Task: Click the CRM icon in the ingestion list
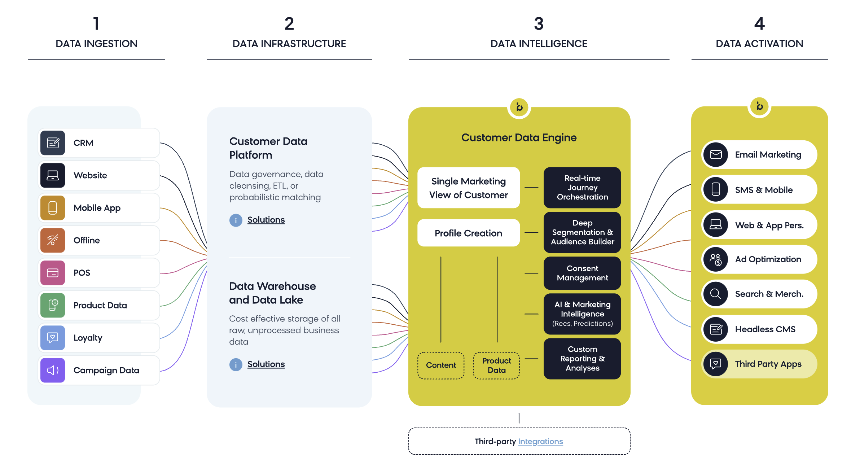53,143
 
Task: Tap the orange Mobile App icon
53,208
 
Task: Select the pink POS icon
53,273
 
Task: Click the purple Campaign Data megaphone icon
53,370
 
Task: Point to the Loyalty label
88,338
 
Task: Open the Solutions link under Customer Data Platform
266,220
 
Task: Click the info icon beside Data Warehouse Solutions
236,364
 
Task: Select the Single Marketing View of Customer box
468,188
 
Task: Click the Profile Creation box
468,233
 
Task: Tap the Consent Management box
582,273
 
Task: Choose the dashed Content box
441,365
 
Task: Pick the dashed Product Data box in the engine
496,365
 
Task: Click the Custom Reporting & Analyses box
582,359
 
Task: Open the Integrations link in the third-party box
540,442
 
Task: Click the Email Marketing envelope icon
716,155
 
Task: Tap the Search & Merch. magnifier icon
716,294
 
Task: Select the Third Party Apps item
759,364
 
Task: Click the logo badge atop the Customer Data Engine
519,107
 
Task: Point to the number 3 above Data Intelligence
539,24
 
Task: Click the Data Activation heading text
759,44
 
